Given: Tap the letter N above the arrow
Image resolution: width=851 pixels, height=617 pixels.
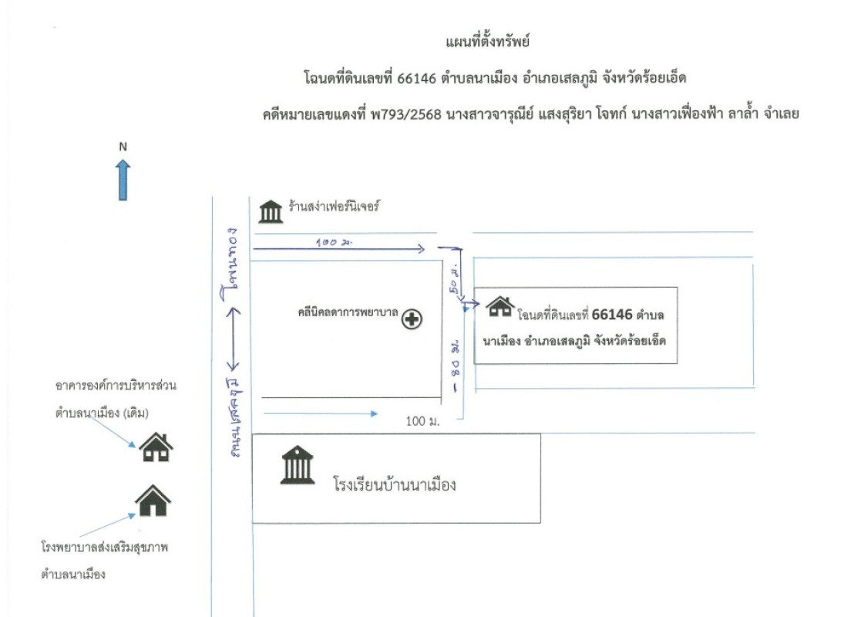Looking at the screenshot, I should coord(123,146).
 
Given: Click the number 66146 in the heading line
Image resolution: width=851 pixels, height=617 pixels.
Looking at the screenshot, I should coord(416,78).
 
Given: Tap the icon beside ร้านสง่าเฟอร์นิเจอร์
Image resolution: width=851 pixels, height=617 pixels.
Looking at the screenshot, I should coord(271,211).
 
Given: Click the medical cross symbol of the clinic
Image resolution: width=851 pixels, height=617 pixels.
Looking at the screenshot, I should coord(412,319).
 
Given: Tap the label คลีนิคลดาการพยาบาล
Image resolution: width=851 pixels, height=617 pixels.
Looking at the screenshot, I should coord(347,313).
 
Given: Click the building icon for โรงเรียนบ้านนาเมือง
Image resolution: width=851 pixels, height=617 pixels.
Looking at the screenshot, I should coord(298,466).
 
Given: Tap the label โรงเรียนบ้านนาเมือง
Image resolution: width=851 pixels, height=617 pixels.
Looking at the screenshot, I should coord(395,486).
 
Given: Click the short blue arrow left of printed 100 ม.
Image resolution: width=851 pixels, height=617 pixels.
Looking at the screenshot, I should coord(320,414).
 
